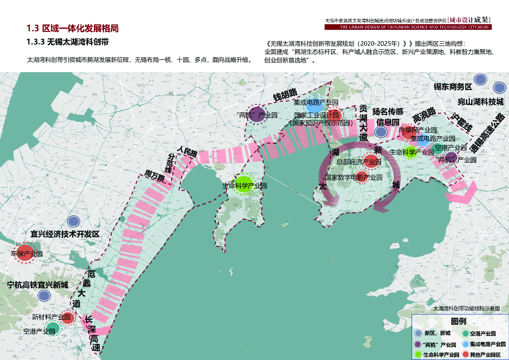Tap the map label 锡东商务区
(x=452, y=87)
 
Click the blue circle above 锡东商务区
(x=480, y=80)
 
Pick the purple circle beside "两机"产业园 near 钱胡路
(x=256, y=115)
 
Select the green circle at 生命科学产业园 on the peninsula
(x=244, y=185)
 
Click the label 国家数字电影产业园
(x=353, y=177)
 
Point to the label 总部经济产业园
(x=358, y=162)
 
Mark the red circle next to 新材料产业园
(x=68, y=318)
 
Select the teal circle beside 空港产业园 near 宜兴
(x=53, y=328)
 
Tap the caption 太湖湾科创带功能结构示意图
(x=466, y=308)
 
